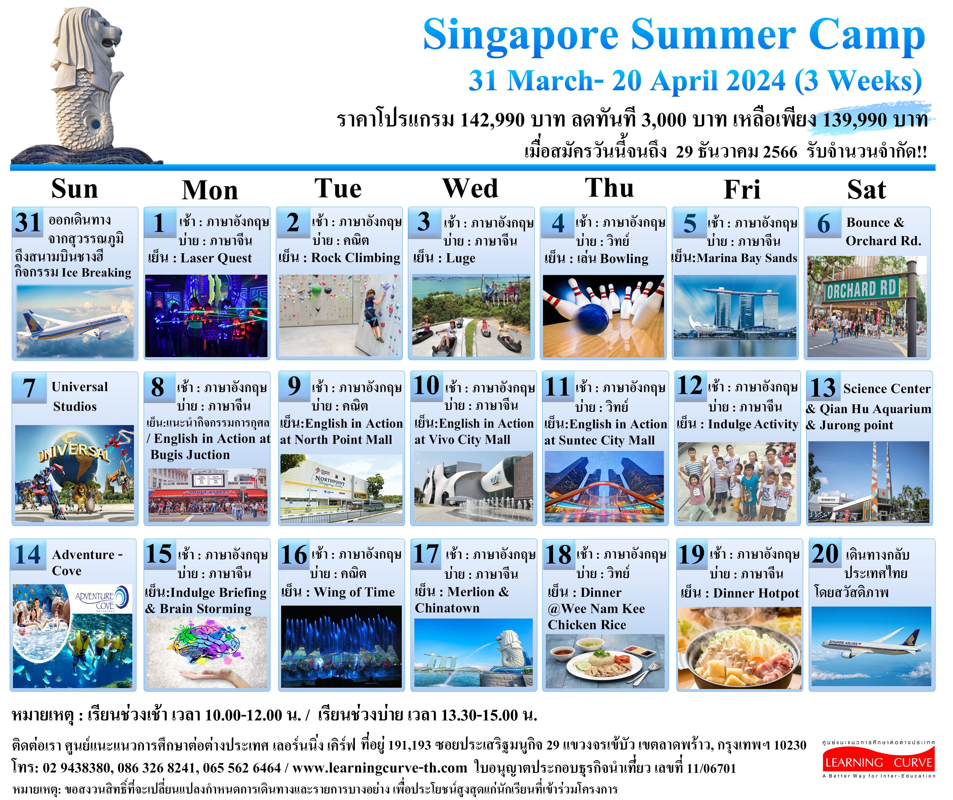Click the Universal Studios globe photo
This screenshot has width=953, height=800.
[74, 473]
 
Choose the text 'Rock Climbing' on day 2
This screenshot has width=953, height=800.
[355, 258]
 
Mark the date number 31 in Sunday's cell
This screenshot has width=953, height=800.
[28, 222]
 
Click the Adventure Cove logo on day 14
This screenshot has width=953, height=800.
[103, 599]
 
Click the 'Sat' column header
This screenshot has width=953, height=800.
[866, 189]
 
